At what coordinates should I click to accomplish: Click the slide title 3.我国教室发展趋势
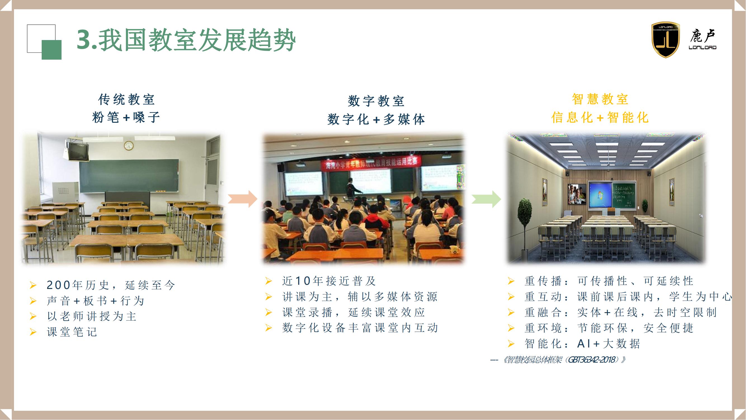point(186,40)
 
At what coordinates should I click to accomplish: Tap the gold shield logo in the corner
point(665,40)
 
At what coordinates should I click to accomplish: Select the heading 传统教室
point(126,99)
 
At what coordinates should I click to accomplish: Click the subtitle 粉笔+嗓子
point(126,117)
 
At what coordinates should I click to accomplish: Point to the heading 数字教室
point(376,101)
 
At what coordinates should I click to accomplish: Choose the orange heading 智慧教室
point(600,99)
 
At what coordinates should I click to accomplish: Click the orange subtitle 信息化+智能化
point(600,117)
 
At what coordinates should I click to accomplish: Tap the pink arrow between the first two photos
point(243,199)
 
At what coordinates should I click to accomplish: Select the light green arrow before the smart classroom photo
point(486,199)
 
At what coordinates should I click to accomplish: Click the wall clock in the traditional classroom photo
point(129,146)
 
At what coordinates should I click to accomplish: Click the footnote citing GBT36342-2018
point(558,360)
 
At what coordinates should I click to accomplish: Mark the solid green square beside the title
point(51,50)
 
